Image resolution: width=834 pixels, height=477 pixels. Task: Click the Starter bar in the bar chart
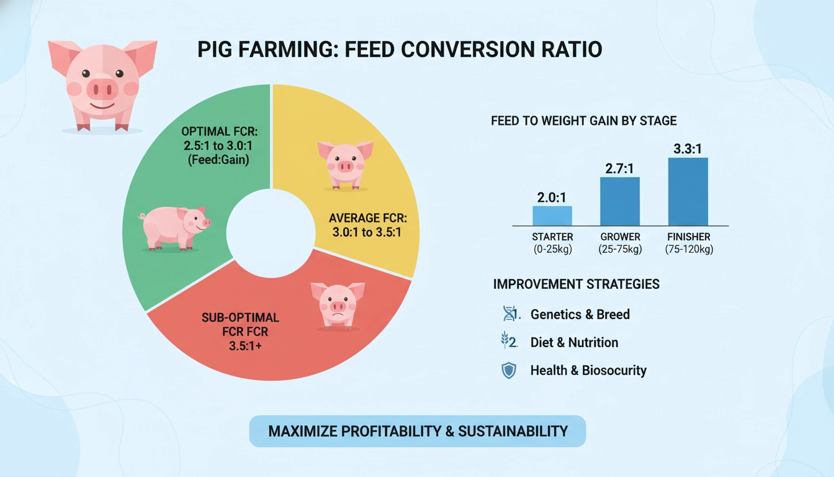(552, 216)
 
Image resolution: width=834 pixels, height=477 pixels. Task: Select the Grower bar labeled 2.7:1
(619, 201)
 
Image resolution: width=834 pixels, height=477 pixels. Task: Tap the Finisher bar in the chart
(688, 191)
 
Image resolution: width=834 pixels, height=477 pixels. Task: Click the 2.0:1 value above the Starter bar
(552, 197)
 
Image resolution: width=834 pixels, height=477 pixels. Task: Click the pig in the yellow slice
(345, 164)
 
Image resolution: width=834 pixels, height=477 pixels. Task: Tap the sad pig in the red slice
(338, 304)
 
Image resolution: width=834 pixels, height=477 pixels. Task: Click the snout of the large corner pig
(102, 89)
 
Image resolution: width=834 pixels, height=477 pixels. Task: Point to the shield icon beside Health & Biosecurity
(509, 371)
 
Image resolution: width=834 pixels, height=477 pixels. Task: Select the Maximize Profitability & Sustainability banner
(418, 431)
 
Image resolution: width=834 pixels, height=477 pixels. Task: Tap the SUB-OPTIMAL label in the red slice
(240, 318)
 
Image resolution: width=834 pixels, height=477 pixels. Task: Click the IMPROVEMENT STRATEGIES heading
(576, 284)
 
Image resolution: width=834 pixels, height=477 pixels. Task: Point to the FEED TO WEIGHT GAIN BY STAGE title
(583, 121)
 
